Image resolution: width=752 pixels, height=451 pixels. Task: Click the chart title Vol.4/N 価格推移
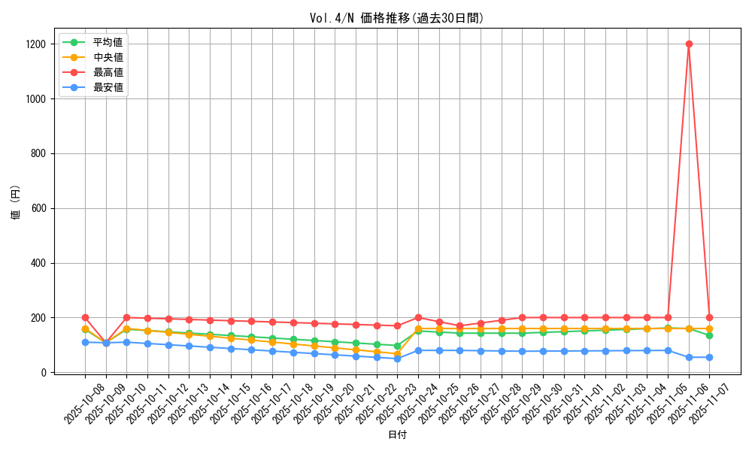[x=396, y=18]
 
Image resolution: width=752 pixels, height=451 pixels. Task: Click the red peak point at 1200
[x=689, y=44]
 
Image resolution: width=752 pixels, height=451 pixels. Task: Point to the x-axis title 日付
[x=397, y=435]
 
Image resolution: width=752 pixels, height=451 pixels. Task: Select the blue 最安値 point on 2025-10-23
[x=397, y=359]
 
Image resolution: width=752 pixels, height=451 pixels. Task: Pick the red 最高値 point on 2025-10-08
[x=85, y=317]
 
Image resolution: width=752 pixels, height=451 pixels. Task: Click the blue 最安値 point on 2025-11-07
[x=709, y=357]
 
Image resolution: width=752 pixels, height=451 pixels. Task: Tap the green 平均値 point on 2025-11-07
[x=709, y=335]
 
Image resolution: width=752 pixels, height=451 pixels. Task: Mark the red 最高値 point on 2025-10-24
[x=418, y=317]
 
